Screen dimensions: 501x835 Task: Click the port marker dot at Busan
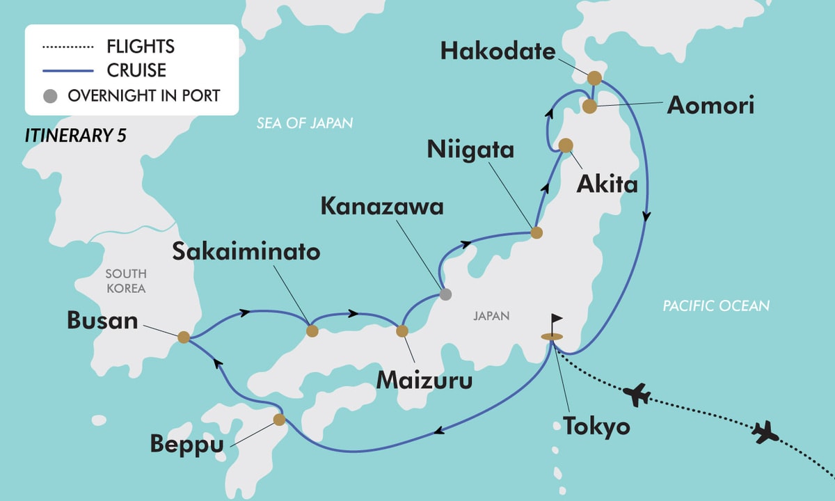click(183, 337)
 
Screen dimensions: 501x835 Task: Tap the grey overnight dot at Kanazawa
click(446, 294)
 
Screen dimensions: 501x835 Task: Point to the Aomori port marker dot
click(589, 106)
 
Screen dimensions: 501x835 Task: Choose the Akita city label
click(606, 185)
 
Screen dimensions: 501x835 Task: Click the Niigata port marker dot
click(536, 233)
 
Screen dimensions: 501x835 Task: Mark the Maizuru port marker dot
click(401, 331)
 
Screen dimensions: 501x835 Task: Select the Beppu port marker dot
click(279, 420)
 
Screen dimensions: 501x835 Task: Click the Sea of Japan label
click(305, 124)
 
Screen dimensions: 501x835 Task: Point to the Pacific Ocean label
click(715, 305)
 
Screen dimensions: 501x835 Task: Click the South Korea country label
click(126, 281)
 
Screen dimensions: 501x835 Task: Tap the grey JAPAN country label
click(491, 316)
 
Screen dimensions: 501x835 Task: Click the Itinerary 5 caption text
click(76, 136)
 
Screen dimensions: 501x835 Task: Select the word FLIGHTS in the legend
click(141, 47)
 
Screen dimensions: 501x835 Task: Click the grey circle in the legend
click(49, 96)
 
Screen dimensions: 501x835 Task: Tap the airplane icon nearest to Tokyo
click(637, 395)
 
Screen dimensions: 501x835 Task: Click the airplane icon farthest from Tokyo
click(765, 432)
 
